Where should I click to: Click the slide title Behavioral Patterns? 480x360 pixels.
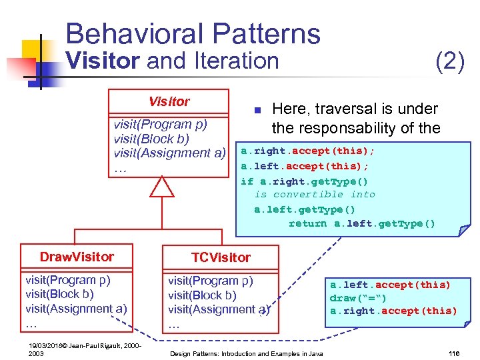193,33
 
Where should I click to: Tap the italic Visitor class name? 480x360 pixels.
169,101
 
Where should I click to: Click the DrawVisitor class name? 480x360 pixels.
77,257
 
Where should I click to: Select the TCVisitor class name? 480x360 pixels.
221,257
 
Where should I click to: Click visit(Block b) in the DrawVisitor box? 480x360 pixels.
59,294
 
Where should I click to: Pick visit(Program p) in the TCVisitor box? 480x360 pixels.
211,281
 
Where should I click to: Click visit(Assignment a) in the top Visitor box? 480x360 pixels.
169,153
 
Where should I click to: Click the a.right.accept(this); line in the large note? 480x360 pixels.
307,151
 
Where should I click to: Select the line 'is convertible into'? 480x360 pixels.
315,195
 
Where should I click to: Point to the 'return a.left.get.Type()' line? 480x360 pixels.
361,224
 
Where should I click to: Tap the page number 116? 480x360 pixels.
455,353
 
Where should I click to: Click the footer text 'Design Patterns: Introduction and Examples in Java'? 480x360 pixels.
247,353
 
